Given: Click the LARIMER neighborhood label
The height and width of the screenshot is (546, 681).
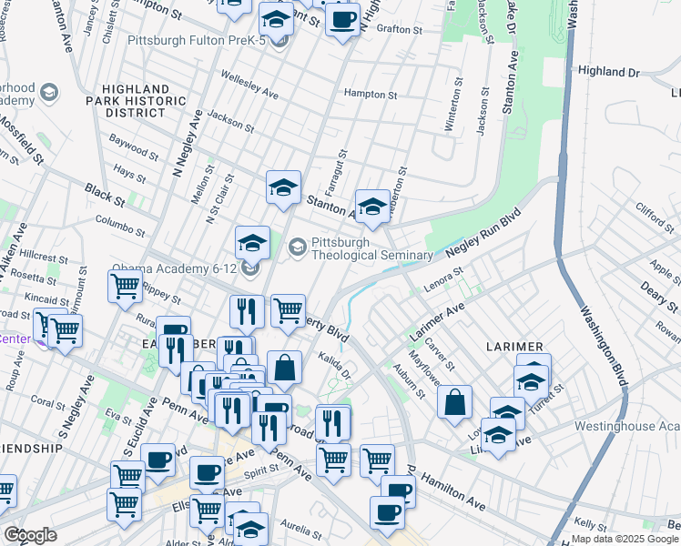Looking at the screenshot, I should click(x=514, y=347).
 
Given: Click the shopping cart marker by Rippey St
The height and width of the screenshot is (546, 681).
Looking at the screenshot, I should click(x=125, y=286).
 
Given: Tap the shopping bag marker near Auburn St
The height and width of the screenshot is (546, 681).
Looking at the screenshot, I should click(x=454, y=401).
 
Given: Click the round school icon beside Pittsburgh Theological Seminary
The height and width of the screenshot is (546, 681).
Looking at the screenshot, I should click(x=298, y=246).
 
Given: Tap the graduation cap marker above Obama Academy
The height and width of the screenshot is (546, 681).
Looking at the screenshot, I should click(x=252, y=241).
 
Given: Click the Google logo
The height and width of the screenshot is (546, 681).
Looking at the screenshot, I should click(x=30, y=535).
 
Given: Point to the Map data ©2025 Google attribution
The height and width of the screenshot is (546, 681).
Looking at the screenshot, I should click(x=624, y=539).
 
